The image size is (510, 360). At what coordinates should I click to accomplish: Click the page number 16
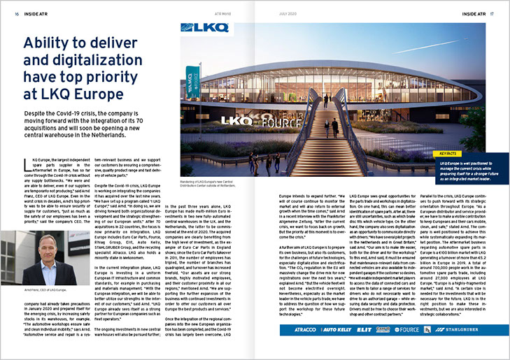(x=17, y=13)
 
